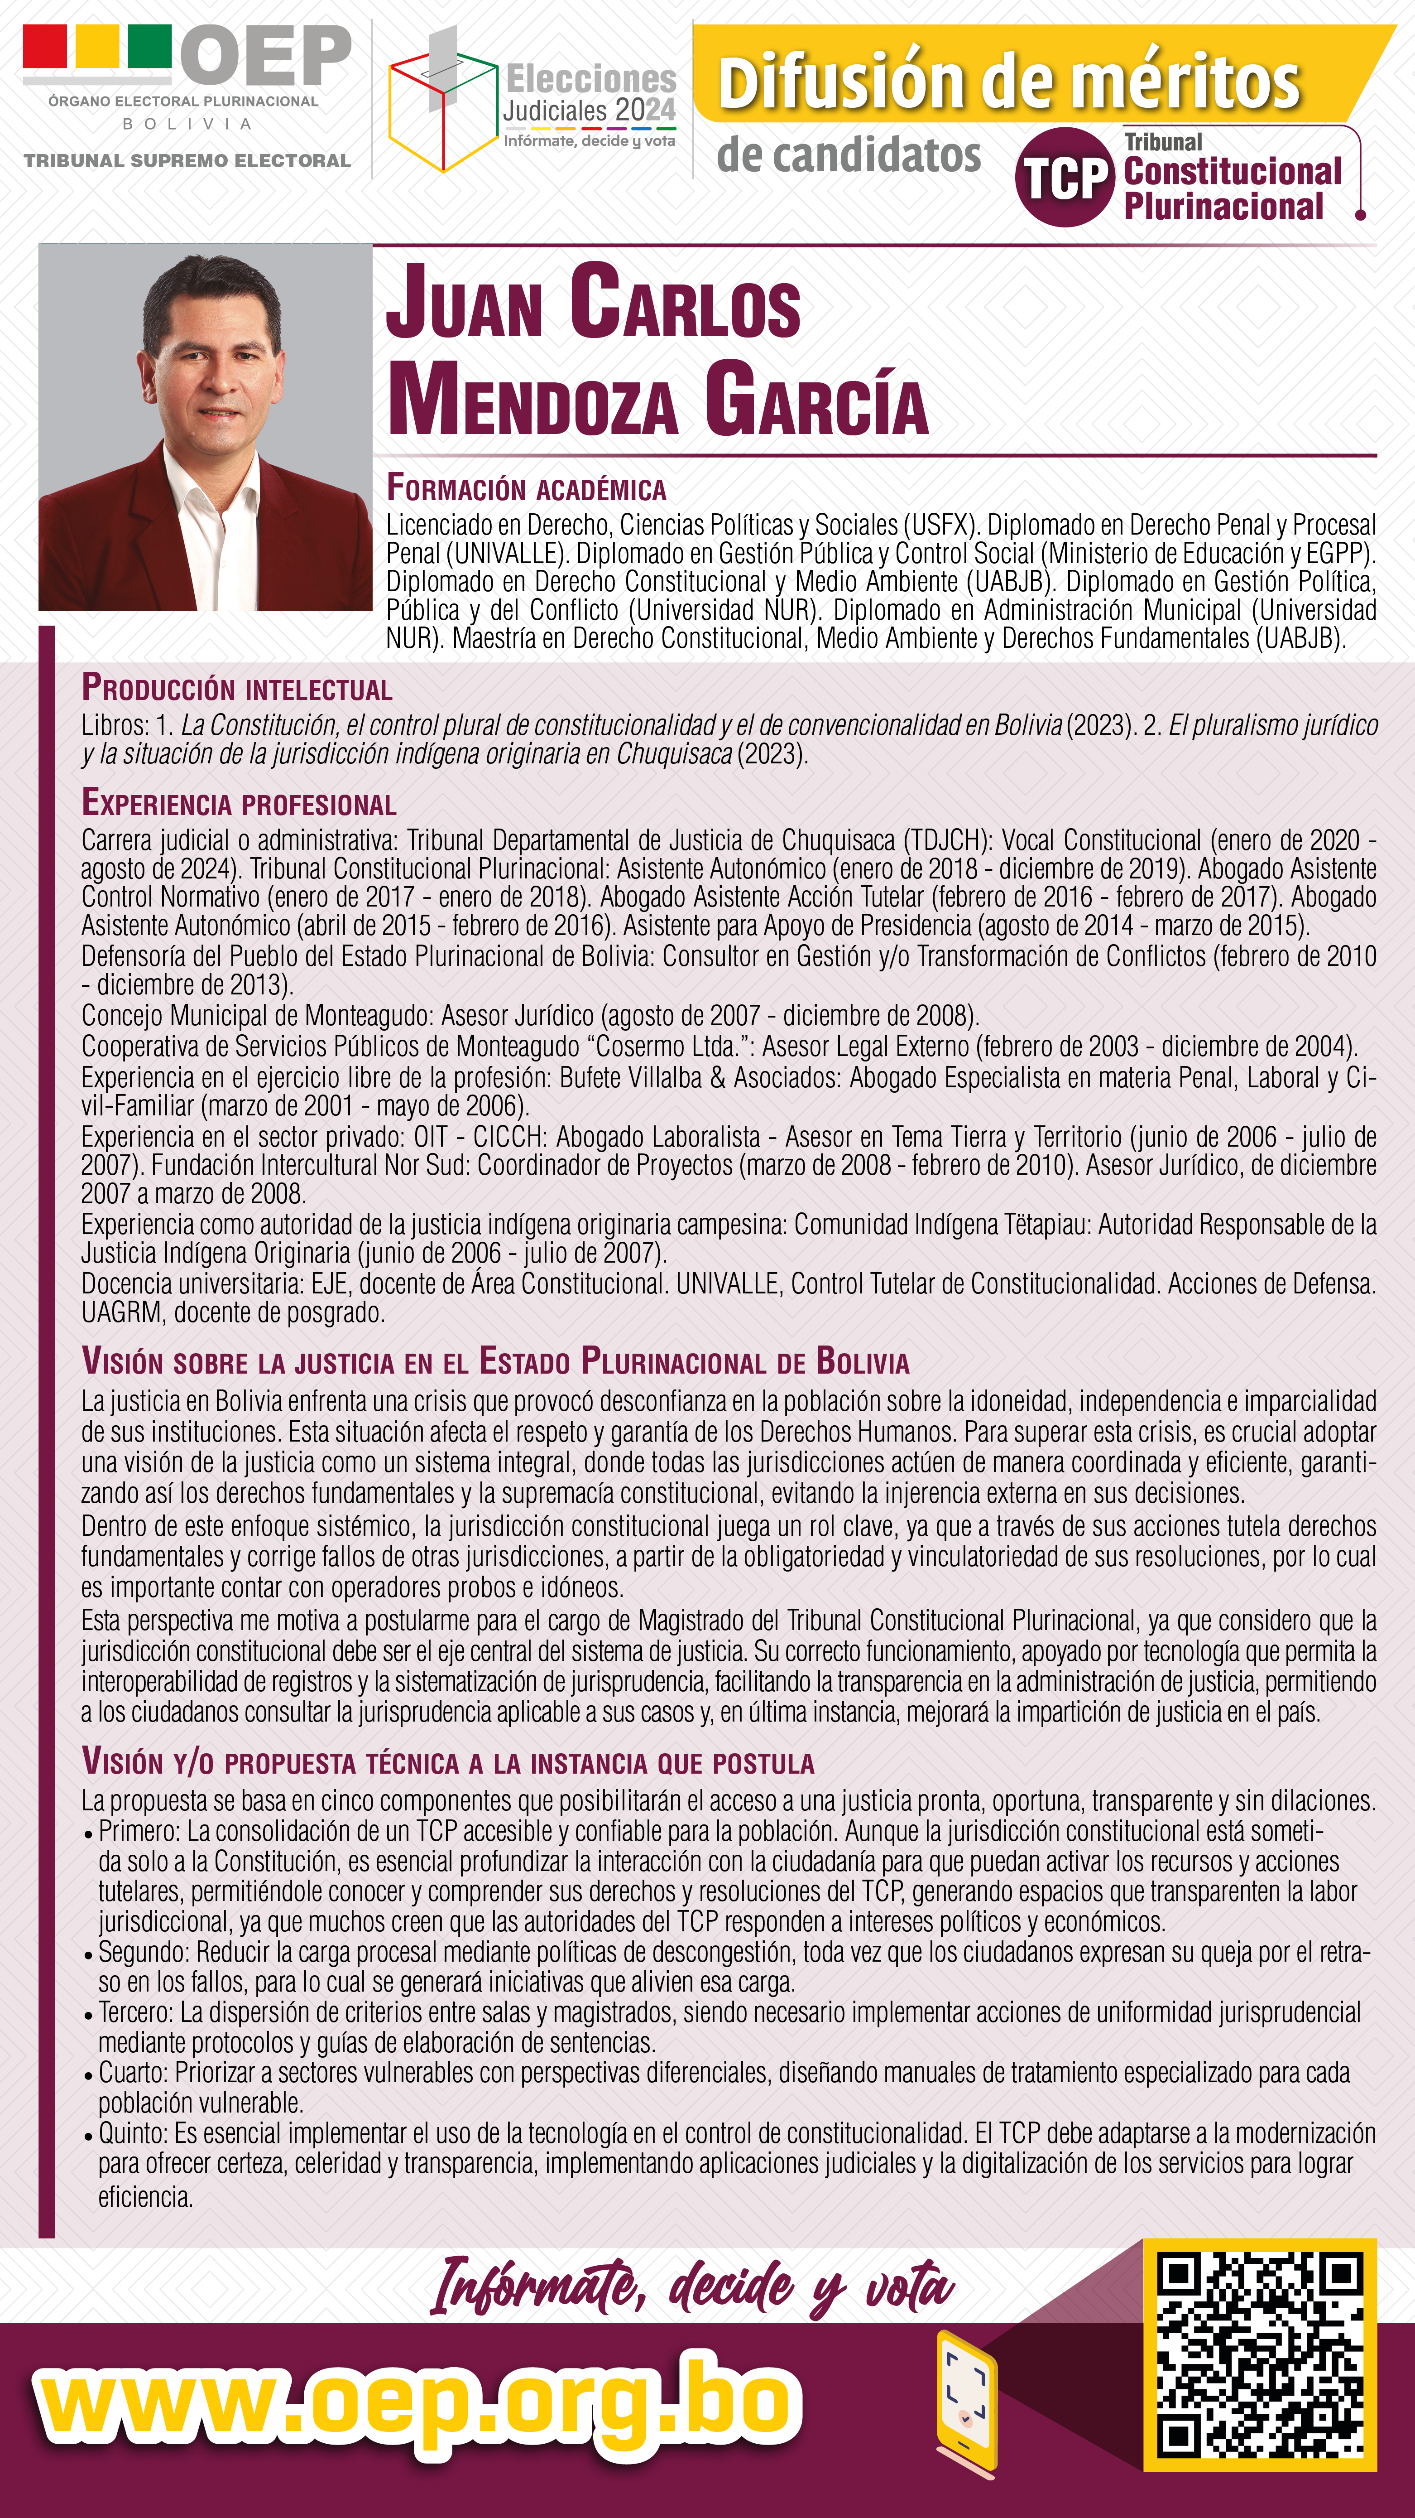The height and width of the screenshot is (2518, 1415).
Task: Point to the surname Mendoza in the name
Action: (x=532, y=399)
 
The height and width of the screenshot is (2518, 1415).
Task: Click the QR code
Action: (x=1260, y=2353)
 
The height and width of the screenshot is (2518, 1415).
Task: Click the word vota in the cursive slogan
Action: (x=909, y=2286)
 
